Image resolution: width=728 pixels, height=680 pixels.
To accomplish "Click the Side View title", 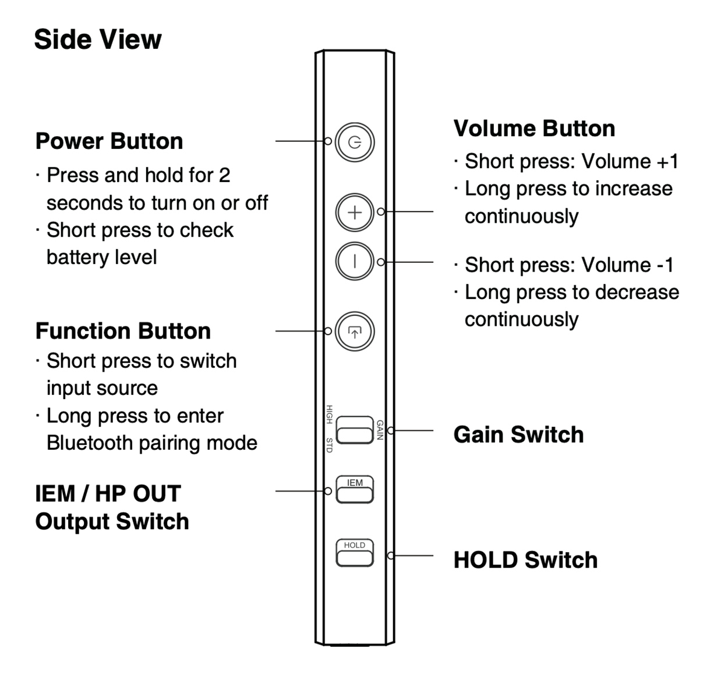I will (98, 40).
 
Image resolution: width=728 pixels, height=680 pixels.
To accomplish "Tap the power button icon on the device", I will (355, 142).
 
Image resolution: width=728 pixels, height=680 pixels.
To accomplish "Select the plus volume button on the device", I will (355, 212).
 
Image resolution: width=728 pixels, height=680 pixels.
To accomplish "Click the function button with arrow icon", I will (355, 332).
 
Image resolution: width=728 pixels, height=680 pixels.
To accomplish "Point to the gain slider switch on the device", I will (355, 430).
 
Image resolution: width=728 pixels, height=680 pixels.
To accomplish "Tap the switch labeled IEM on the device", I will (355, 489).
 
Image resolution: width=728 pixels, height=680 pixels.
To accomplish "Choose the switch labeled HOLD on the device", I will (355, 553).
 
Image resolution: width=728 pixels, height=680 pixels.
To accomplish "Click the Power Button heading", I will (109, 141).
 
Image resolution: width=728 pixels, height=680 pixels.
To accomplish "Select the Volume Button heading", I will (534, 129).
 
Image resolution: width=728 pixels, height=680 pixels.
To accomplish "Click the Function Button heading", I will (123, 331).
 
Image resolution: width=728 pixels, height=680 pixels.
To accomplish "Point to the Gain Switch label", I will (518, 435).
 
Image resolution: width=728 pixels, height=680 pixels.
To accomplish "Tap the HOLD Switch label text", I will (525, 560).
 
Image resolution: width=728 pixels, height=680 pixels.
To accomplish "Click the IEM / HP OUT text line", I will (108, 494).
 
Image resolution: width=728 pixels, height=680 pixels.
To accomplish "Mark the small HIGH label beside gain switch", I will (329, 414).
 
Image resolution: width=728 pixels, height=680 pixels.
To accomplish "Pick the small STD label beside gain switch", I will (329, 445).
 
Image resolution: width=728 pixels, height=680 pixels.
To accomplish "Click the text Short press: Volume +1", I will (571, 161).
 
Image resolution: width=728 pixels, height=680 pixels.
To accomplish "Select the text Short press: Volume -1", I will (569, 265).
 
